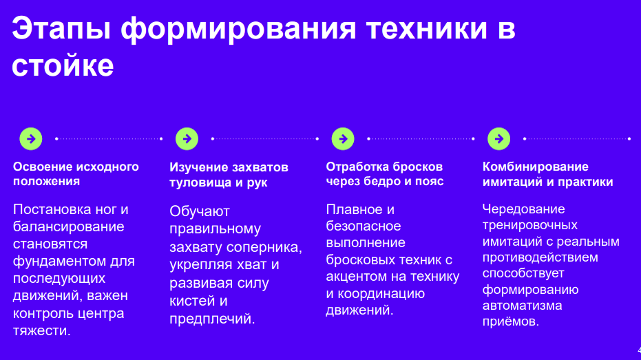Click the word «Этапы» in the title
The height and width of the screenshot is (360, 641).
point(61,29)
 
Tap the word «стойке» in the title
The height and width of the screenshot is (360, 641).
point(63,65)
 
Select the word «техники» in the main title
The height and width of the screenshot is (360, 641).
point(427,28)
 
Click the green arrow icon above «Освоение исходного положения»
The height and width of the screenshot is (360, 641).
point(31,139)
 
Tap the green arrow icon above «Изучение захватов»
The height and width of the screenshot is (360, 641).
point(187,139)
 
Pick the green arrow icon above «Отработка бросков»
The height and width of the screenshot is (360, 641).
point(343,139)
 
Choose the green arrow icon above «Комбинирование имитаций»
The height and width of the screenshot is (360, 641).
point(499,139)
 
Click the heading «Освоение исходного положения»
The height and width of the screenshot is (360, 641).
point(76,173)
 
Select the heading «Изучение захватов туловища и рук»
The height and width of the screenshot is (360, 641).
point(229,174)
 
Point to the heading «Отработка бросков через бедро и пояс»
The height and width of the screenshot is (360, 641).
point(385,173)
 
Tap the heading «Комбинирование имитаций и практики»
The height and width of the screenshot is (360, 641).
point(548,174)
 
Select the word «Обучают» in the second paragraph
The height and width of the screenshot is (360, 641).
point(200,211)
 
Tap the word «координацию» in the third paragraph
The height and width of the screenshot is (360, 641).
point(381,294)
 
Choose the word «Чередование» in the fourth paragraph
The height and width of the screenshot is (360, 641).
point(524,209)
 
